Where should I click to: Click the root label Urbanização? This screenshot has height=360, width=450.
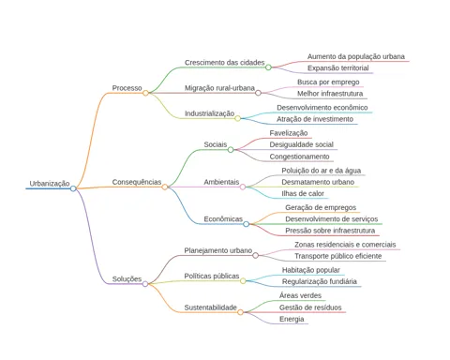pos(50,184)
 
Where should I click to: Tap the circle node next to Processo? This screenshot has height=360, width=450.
pos(145,93)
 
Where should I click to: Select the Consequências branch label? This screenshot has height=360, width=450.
pos(137,182)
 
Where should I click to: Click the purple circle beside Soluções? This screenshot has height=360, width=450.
pos(145,284)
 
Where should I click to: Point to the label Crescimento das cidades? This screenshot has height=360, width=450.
pos(224,63)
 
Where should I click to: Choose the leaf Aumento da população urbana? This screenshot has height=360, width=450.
pos(356,56)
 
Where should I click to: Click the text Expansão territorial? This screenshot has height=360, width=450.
pos(337,67)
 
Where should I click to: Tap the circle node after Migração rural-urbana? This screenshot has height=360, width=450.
pos(258,93)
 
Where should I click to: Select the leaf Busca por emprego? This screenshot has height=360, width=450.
pos(328,82)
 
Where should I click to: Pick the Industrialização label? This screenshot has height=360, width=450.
pos(209,113)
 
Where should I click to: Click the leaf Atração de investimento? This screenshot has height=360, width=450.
pos(315,119)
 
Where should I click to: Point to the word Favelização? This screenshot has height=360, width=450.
pos(289,133)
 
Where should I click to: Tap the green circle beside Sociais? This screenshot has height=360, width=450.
pos(231,150)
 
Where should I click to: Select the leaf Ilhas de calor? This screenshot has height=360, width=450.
pos(303,193)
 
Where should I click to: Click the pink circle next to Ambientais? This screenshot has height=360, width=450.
pos(243,187)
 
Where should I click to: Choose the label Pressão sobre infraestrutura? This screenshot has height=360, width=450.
pos(330,231)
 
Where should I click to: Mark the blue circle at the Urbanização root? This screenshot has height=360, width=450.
pos(73,188)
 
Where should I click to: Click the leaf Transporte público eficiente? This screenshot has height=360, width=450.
pos(338,256)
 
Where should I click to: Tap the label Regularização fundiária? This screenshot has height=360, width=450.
pos(320,281)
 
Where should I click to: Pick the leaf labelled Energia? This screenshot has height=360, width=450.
pos(292,319)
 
